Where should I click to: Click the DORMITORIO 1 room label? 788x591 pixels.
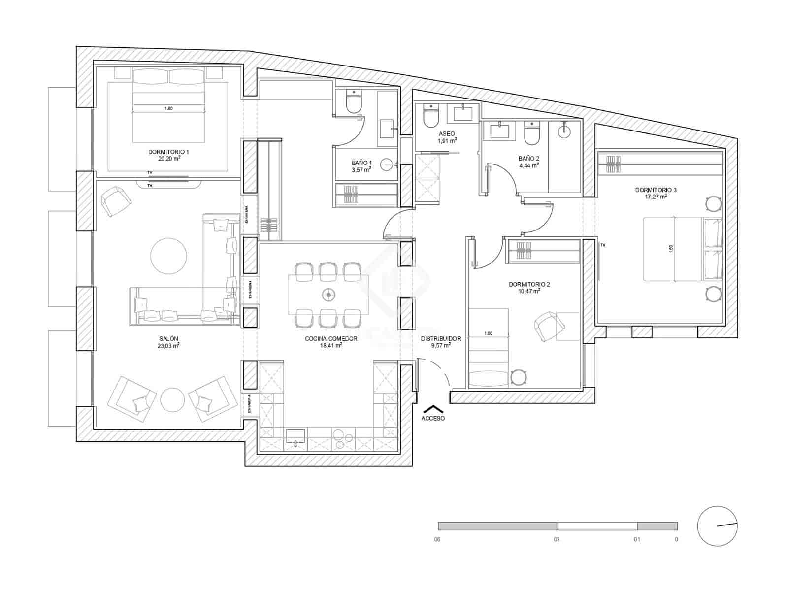[168, 152]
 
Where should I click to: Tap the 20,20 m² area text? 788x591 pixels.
[168, 159]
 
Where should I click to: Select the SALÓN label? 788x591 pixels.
[168, 338]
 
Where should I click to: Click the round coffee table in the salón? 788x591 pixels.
[168, 256]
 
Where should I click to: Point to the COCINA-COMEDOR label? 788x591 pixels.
[331, 338]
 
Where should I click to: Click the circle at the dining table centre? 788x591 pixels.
[328, 295]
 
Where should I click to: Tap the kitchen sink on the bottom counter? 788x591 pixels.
[295, 436]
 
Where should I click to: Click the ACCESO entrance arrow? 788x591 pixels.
[433, 409]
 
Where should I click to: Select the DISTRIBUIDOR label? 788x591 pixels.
[441, 338]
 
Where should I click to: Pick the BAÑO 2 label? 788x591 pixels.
[528, 159]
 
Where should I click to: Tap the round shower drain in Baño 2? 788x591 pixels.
[564, 131]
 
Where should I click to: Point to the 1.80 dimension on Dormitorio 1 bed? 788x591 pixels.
[168, 108]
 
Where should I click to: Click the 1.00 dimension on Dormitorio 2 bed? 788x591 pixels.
[488, 333]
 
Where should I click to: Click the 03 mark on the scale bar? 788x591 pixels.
[557, 539]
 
